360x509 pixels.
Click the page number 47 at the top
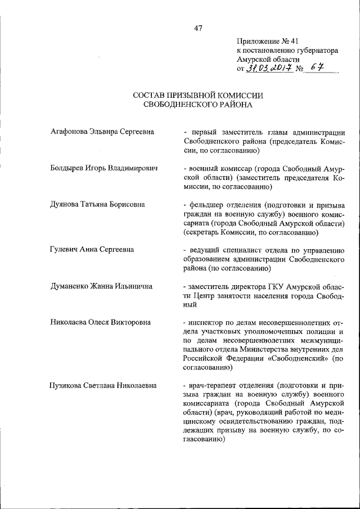[x=198, y=28]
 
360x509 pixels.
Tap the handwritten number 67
[x=318, y=69]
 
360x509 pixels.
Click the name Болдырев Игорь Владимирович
[x=103, y=168]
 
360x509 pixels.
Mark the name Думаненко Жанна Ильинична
[x=101, y=286]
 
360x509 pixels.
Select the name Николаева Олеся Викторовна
[x=101, y=322]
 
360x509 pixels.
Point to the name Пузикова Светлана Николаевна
[x=103, y=385]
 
